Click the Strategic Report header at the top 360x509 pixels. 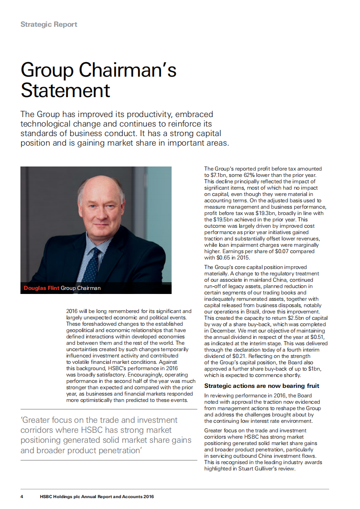(49, 24)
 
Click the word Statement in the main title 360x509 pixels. (65, 90)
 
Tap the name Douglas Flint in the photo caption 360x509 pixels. (41, 288)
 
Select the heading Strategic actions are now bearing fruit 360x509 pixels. (261, 386)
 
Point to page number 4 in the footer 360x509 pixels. (22, 496)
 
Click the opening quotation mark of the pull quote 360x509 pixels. (22, 421)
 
